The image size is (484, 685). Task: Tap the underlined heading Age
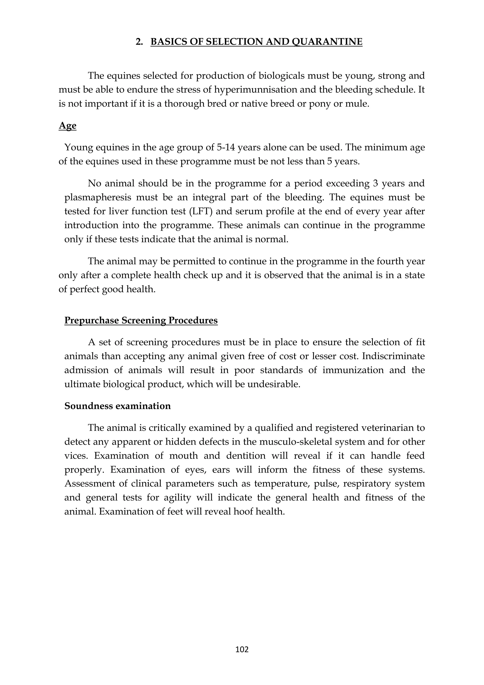point(67,126)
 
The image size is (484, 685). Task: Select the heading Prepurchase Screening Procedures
point(141,320)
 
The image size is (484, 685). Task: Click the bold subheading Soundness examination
point(117,406)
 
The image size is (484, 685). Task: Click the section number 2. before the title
point(139,42)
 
